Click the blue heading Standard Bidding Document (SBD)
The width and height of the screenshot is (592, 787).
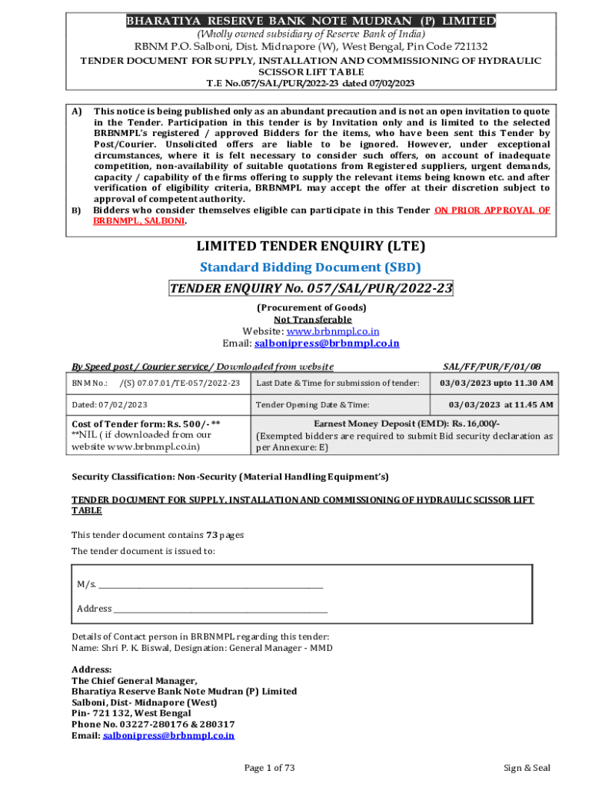pyautogui.click(x=311, y=267)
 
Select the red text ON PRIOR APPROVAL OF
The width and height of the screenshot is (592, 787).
pyautogui.click(x=492, y=210)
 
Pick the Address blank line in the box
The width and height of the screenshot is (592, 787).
pyautogui.click(x=220, y=609)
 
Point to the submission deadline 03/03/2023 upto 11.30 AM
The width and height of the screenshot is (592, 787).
pyautogui.click(x=496, y=383)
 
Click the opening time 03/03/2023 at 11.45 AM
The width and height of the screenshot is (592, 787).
pyautogui.click(x=501, y=404)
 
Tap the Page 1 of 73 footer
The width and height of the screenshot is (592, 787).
pyautogui.click(x=269, y=768)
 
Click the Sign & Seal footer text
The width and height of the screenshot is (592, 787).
pyautogui.click(x=527, y=768)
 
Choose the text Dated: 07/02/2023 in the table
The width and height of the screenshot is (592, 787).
pyautogui.click(x=110, y=404)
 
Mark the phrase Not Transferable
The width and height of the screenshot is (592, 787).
pyautogui.click(x=312, y=319)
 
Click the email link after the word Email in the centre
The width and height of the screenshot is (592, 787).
pyautogui.click(x=327, y=344)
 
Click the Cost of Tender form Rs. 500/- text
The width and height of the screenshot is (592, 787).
pyautogui.click(x=146, y=423)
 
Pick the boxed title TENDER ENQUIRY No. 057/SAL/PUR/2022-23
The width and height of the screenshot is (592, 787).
pyautogui.click(x=311, y=288)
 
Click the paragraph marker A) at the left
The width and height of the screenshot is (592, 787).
pyautogui.click(x=77, y=111)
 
